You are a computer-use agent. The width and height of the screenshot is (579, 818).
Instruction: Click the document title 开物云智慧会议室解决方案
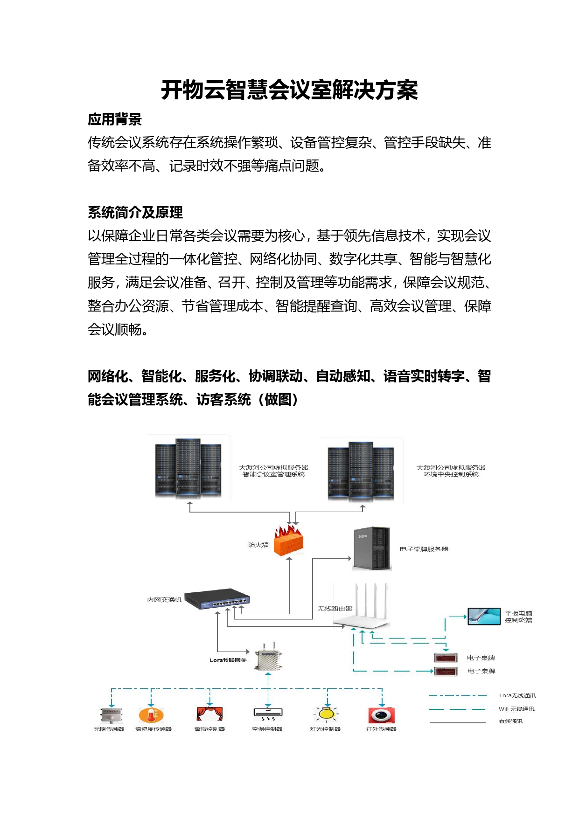[289, 90]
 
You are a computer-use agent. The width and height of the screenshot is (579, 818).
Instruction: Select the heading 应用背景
[115, 119]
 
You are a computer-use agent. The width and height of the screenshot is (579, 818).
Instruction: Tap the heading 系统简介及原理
[135, 213]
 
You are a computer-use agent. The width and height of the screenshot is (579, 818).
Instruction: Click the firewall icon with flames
[288, 541]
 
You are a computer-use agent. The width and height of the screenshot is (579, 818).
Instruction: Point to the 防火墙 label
[258, 545]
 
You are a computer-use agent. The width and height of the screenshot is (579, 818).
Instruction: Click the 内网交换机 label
[164, 600]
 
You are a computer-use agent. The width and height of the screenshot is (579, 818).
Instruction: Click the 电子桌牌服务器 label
[424, 549]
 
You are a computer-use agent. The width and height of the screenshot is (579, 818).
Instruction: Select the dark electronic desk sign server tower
[371, 549]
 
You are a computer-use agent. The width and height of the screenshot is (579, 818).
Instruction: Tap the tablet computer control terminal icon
[484, 616]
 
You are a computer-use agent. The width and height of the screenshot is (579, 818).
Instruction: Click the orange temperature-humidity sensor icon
[151, 715]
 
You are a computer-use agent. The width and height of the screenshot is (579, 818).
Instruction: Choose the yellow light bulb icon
[326, 714]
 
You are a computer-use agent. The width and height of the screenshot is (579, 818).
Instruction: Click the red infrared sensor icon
[381, 715]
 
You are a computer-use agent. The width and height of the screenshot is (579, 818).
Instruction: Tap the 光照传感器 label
[109, 729]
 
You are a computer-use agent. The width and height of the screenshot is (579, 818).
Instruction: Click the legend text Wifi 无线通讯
[516, 709]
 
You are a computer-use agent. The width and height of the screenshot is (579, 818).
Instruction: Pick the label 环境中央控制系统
[451, 474]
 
